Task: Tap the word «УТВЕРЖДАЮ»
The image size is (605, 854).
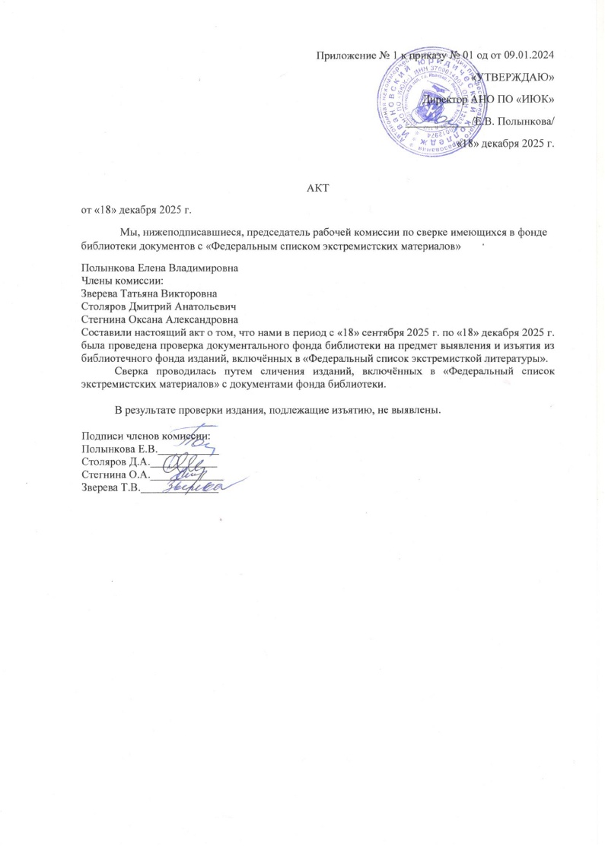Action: [x=515, y=77]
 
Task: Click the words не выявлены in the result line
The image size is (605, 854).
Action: [x=410, y=411]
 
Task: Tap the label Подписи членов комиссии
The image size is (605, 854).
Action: [x=145, y=436]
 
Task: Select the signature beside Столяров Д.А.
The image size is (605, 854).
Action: [x=182, y=460]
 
